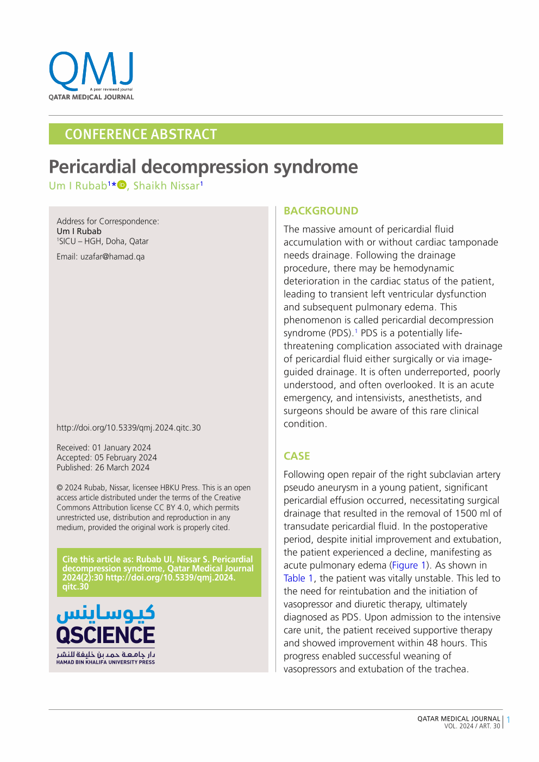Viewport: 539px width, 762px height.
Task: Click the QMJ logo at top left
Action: click(91, 75)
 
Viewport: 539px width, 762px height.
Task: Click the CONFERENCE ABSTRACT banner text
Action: click(141, 134)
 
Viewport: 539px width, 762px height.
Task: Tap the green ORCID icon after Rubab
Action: click(122, 185)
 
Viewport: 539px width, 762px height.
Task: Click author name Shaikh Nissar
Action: click(166, 186)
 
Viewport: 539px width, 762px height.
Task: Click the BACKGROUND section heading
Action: click(321, 211)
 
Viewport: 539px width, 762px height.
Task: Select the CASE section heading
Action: click(297, 456)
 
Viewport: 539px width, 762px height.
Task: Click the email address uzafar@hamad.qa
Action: click(112, 256)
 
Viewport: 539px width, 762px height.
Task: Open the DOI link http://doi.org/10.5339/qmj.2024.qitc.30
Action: click(128, 427)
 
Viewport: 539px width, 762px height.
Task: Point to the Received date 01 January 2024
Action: click(121, 448)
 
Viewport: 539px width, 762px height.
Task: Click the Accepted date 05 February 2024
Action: click(126, 457)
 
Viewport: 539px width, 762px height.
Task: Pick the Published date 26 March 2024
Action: click(122, 467)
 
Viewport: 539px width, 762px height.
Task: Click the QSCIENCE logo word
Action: click(105, 635)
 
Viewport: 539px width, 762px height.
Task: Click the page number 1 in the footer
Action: click(509, 720)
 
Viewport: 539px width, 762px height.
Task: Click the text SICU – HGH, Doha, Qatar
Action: click(103, 241)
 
